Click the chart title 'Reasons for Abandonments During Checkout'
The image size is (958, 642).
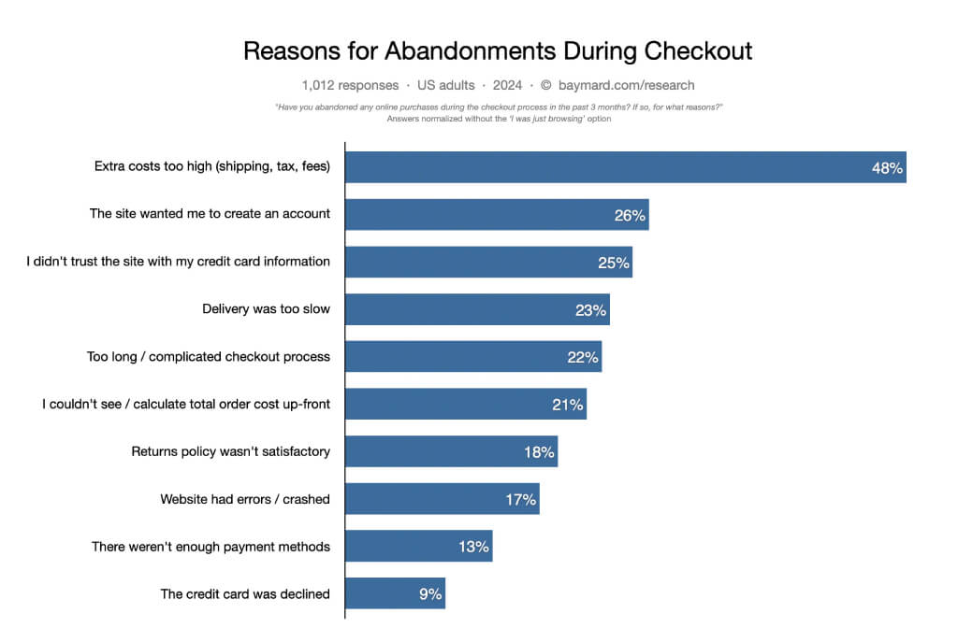pyautogui.click(x=497, y=50)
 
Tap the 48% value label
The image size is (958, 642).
pyautogui.click(x=886, y=168)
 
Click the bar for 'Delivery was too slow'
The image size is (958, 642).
pyautogui.click(x=477, y=309)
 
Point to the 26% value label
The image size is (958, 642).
pyautogui.click(x=630, y=215)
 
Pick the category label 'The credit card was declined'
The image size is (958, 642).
pyautogui.click(x=245, y=593)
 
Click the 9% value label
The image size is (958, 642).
pyautogui.click(x=429, y=593)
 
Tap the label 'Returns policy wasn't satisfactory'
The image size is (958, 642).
pyautogui.click(x=230, y=451)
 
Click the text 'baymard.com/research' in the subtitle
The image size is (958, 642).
pyautogui.click(x=630, y=85)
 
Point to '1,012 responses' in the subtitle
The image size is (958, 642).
pyautogui.click(x=350, y=85)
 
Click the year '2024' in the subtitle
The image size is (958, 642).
pyautogui.click(x=507, y=85)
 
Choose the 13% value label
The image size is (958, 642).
pyautogui.click(x=473, y=547)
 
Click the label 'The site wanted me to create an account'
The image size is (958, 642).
pyautogui.click(x=210, y=214)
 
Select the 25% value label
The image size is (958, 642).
pyautogui.click(x=614, y=263)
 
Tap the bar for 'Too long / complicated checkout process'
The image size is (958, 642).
pyautogui.click(x=473, y=357)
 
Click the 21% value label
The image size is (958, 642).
pyautogui.click(x=567, y=405)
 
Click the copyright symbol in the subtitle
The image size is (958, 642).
pyautogui.click(x=547, y=85)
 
